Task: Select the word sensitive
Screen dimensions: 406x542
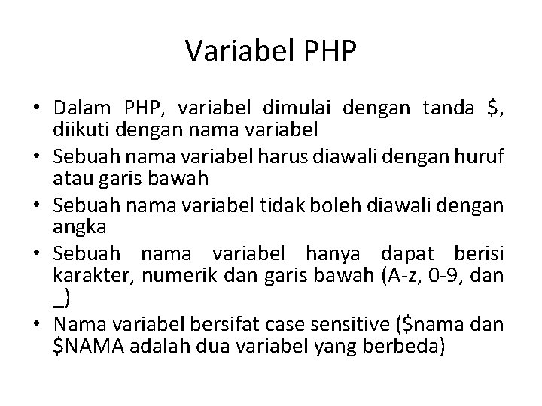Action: tap(364, 324)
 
